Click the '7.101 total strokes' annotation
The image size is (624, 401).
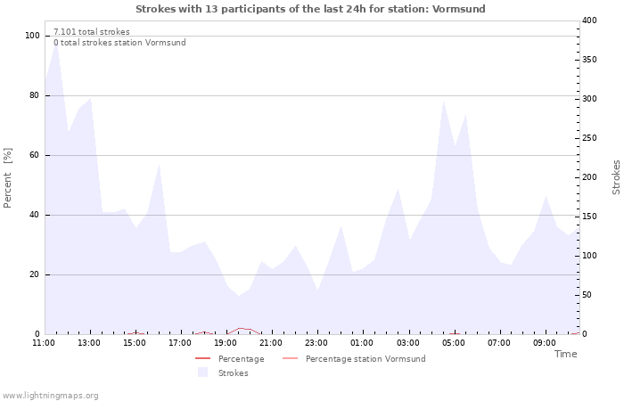click(92, 32)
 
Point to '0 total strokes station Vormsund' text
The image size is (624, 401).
click(119, 43)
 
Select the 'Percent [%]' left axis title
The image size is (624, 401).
click(8, 178)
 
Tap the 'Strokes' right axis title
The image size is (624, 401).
click(616, 177)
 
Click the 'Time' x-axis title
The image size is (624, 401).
click(565, 354)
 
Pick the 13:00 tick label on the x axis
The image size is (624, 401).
click(89, 343)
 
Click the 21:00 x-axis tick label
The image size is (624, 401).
click(271, 343)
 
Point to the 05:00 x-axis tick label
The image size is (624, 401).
click(454, 343)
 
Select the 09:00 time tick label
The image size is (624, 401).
click(545, 343)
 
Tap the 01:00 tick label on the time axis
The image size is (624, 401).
click(362, 343)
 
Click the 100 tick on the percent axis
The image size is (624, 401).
click(32, 36)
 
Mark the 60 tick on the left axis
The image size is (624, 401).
click(35, 155)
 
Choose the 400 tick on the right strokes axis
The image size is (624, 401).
click(589, 20)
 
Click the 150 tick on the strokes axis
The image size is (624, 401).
click(589, 217)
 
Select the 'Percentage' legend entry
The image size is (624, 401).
click(241, 359)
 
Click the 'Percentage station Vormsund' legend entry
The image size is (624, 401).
click(365, 359)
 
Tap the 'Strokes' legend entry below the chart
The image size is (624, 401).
click(234, 372)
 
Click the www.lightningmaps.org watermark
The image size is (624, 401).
click(50, 396)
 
